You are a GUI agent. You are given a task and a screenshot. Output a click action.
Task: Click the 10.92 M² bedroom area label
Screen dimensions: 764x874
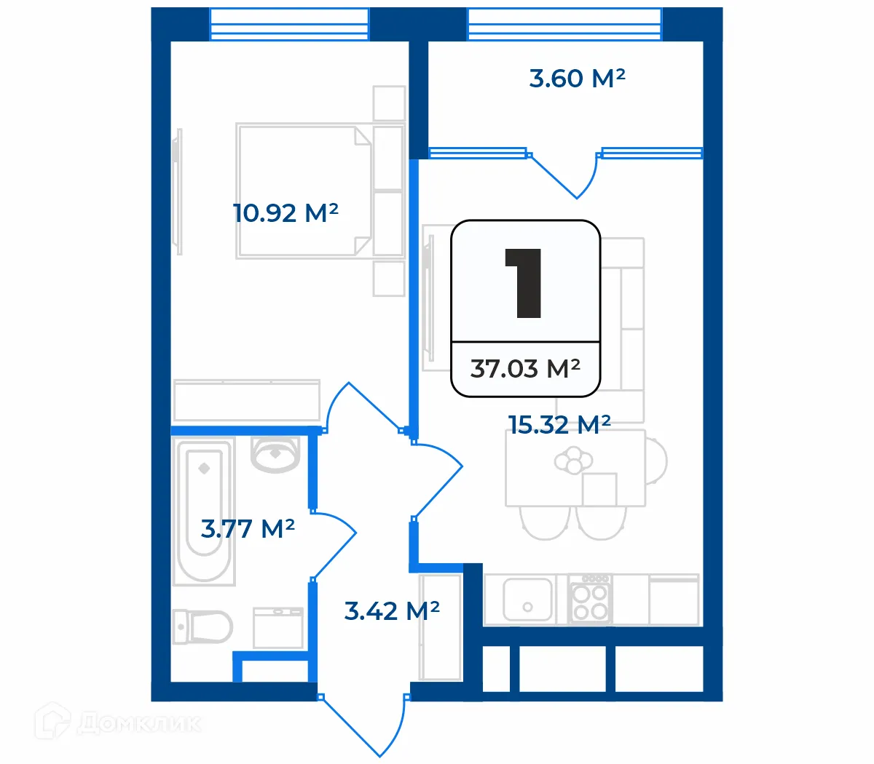286,213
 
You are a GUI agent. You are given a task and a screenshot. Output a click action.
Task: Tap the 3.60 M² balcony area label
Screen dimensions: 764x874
577,78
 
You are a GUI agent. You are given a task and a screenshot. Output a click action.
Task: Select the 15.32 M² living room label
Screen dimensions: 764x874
559,425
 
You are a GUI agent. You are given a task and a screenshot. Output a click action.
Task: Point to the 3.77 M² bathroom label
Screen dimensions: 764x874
248,528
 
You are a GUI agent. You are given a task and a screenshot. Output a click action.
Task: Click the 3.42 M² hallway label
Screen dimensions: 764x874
392,611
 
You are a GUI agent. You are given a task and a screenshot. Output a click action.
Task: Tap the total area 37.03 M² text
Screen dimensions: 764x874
525,369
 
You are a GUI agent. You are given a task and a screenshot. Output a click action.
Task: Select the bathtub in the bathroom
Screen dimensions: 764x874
204,510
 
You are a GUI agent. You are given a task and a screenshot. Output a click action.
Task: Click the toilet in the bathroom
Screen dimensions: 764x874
203,626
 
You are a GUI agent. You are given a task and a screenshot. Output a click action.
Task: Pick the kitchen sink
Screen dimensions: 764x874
527,599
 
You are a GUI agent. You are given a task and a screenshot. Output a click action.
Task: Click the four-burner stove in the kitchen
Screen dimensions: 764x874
590,599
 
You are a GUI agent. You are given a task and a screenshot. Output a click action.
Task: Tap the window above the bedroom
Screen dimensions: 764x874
289,24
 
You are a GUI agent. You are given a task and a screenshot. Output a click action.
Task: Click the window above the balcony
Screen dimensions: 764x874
564,24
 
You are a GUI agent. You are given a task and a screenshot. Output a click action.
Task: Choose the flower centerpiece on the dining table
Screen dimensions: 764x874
574,461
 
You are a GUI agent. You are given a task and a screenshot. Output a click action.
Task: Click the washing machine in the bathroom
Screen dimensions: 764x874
277,627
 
